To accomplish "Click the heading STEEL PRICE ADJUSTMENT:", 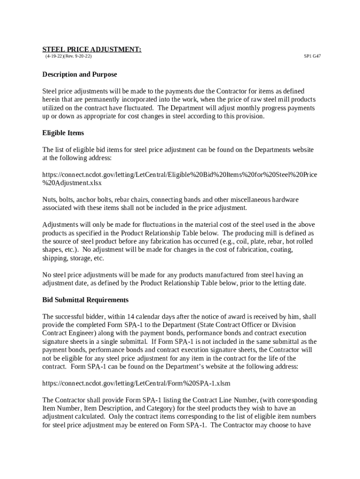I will click(92, 49).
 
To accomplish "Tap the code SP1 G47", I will click(312, 56).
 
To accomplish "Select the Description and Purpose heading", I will click(79, 74).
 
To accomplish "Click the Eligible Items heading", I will click(63, 133).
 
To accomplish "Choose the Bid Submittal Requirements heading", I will click(85, 299).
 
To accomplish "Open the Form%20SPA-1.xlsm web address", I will click(136, 383).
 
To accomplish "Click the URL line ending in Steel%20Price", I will click(180, 174).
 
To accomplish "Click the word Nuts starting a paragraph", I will click(50, 200).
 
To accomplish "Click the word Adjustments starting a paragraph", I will click(60, 225).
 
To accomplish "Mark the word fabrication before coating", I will click(248, 250).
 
